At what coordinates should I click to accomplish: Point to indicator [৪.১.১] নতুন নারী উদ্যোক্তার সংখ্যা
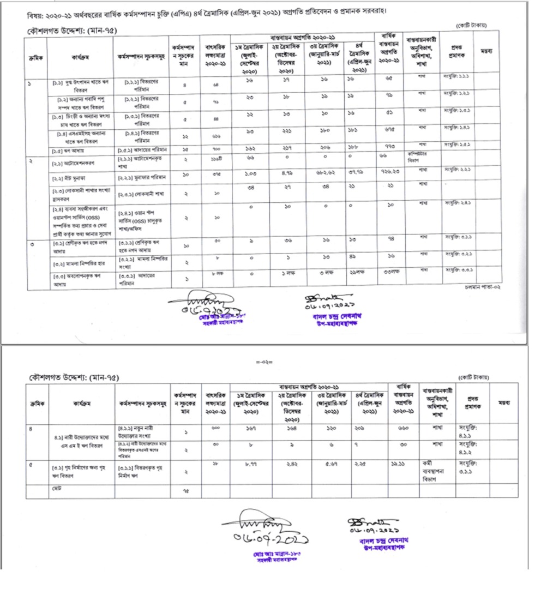point(141,429)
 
